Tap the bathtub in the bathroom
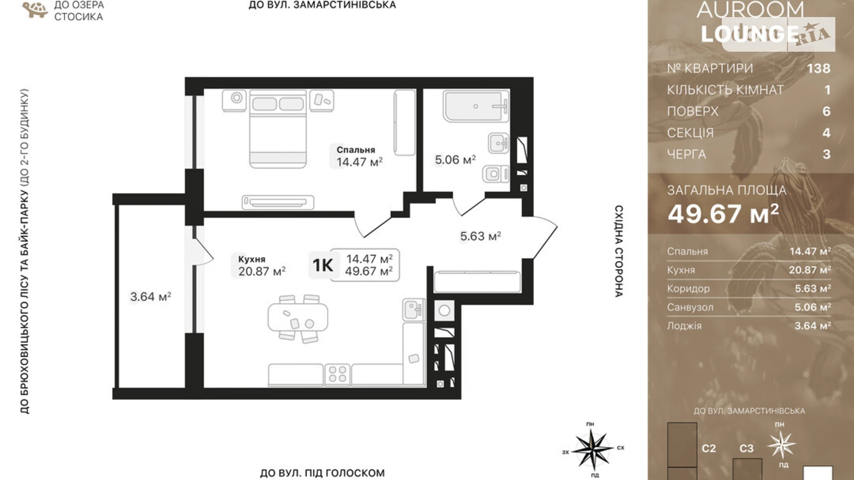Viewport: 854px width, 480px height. [x=476, y=106]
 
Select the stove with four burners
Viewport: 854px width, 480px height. [x=337, y=374]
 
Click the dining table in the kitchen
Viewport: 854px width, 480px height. [x=298, y=318]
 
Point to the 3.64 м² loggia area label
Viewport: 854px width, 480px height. [x=150, y=297]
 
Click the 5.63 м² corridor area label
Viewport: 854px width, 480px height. [x=481, y=236]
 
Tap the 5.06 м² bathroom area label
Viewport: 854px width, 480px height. [x=455, y=160]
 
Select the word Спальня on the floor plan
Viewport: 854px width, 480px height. [x=355, y=150]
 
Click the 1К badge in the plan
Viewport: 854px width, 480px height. [x=323, y=265]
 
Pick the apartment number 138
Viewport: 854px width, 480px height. [x=818, y=68]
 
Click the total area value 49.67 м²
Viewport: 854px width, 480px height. [x=723, y=214]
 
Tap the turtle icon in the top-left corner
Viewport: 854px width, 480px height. [x=35, y=10]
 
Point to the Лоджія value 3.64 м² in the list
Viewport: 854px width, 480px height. [x=812, y=326]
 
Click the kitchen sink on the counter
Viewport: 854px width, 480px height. [x=414, y=309]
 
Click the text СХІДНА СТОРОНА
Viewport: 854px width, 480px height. [x=619, y=252]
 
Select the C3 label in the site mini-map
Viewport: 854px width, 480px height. [x=746, y=448]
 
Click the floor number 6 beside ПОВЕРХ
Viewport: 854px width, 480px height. [x=826, y=111]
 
